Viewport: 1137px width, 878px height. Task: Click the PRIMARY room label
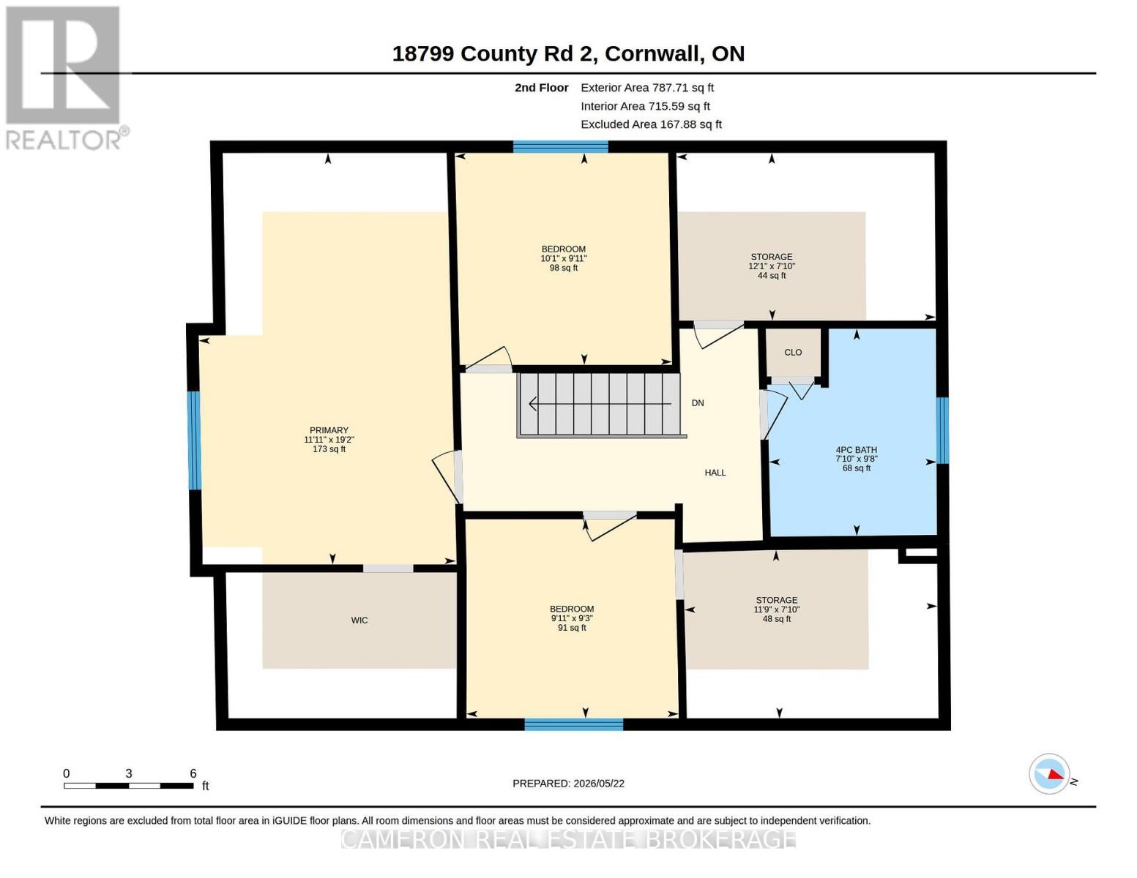[x=329, y=429]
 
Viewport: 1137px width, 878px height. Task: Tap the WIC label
[x=359, y=620]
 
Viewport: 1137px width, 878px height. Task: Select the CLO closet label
[x=793, y=352]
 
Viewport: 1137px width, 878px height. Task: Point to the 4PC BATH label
[x=856, y=449]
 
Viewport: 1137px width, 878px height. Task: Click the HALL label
[x=715, y=472]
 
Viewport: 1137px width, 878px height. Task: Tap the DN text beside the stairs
[x=698, y=402]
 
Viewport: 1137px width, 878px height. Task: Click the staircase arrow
[x=600, y=404]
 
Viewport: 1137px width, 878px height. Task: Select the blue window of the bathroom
[x=942, y=429]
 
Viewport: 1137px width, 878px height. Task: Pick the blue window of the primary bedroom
[x=193, y=440]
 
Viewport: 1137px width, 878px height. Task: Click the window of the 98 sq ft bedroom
[x=560, y=146]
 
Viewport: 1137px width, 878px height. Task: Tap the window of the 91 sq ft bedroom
[x=573, y=724]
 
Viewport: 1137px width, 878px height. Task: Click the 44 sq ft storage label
[x=771, y=266]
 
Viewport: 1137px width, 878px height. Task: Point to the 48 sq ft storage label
[x=777, y=609]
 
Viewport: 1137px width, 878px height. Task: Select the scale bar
[x=129, y=785]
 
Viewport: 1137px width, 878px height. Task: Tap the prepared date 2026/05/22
[x=599, y=784]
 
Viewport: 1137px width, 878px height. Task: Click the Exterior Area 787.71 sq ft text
[x=647, y=88]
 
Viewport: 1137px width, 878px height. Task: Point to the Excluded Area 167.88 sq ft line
[x=651, y=124]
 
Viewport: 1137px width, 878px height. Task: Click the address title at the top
[x=568, y=54]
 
